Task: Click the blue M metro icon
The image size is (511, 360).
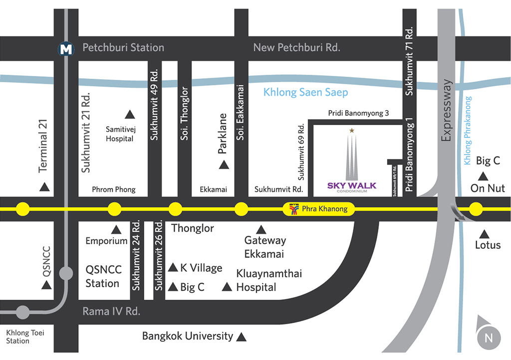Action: [x=66, y=49]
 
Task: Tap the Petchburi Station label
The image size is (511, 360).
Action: [x=123, y=47]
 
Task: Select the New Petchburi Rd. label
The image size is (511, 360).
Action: [x=296, y=47]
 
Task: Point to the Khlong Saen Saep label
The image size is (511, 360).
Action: [x=306, y=92]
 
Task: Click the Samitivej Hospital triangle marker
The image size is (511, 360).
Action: [x=130, y=114]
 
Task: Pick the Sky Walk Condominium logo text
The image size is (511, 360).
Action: [x=352, y=187]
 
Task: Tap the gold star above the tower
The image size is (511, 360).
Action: [x=352, y=131]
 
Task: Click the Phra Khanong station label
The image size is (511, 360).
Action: [x=324, y=208]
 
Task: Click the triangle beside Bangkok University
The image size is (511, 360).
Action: [x=241, y=337]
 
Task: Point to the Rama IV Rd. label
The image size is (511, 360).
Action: [x=111, y=312]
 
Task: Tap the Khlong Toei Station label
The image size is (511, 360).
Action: [x=25, y=337]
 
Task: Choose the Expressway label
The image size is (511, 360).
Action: [x=446, y=110]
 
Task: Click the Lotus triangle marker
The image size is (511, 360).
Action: [x=484, y=234]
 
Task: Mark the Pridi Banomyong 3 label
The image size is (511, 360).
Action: [x=358, y=113]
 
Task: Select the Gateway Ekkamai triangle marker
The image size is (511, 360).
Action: [x=260, y=230]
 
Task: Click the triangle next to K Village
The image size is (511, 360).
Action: [x=173, y=268]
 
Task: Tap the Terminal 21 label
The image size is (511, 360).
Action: [x=43, y=146]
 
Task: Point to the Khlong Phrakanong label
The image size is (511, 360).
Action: [x=467, y=131]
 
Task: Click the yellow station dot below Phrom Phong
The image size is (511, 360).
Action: [x=114, y=209]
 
